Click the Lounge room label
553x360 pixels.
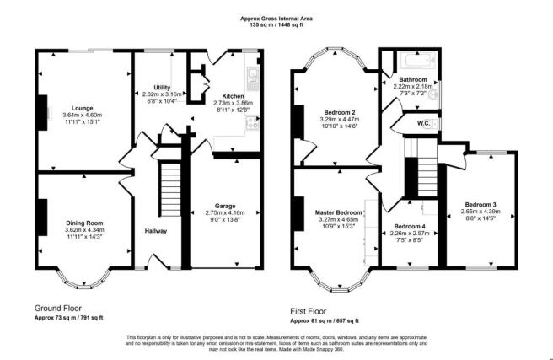(x=82, y=108)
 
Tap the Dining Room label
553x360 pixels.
(x=84, y=223)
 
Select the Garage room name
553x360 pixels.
(x=225, y=206)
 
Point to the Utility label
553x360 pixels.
(x=162, y=88)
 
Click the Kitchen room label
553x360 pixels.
(x=233, y=96)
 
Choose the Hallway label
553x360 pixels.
(x=155, y=231)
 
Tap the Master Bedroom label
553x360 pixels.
(x=338, y=212)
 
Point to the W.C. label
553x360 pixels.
(x=423, y=123)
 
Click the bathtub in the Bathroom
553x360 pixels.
(x=417, y=61)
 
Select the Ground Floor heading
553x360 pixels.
(x=58, y=309)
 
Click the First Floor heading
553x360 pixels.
(x=309, y=311)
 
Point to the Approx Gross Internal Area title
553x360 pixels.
(x=276, y=19)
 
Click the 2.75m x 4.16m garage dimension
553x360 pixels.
(x=225, y=212)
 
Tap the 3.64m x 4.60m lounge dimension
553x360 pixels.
(x=82, y=115)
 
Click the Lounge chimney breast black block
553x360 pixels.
(x=43, y=112)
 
